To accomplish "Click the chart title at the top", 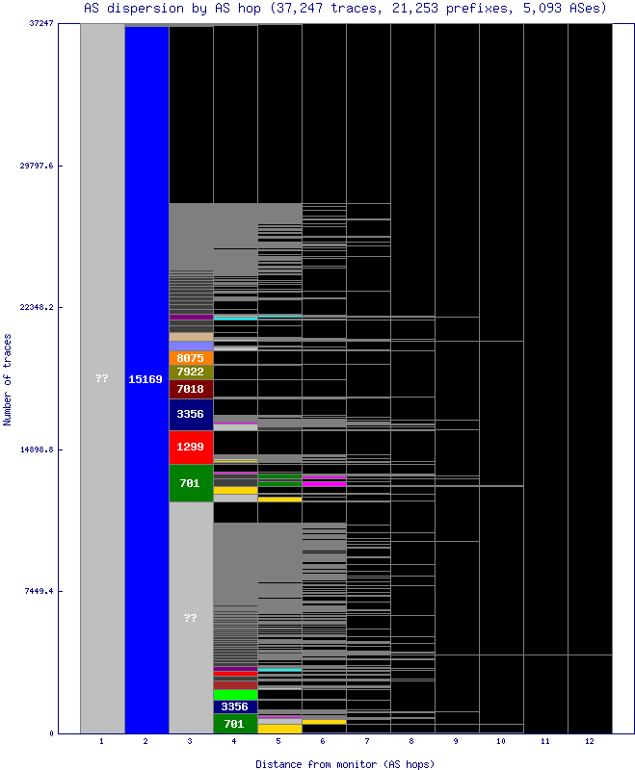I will pos(344,8).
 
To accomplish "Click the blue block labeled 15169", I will pos(146,379).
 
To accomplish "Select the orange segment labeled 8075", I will pos(191,358).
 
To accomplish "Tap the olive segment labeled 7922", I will pos(191,372).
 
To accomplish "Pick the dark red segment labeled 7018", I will pos(191,389).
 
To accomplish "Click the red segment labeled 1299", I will pos(191,447).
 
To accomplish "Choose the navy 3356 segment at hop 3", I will pos(191,414).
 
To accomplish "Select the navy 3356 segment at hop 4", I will pos(235,706).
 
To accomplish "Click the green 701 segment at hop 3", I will pos(191,483).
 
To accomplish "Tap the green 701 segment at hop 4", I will pos(235,724).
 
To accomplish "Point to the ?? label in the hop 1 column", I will pos(101,378).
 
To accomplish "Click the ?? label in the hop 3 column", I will pos(190,618).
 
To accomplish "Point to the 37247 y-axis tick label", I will pos(40,23).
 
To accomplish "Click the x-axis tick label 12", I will pos(590,742).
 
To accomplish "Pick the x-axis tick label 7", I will pos(368,742).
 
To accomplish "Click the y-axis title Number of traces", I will pos(9,379).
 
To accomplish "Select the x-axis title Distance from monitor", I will pos(344,763).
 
